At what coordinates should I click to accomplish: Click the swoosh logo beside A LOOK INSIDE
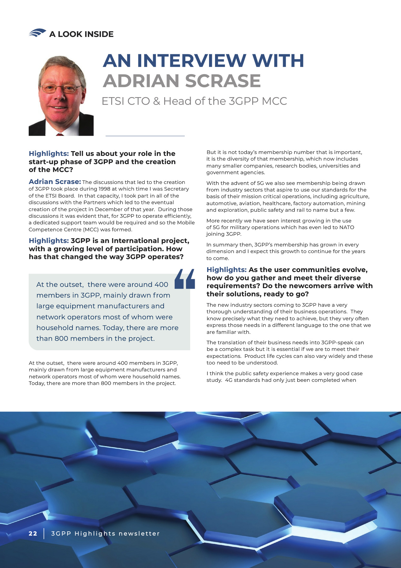coord(37,33)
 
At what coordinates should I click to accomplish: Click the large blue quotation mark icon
coord(185,279)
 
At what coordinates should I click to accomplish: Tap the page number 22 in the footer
coord(33,534)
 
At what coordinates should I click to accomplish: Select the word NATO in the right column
coord(346,227)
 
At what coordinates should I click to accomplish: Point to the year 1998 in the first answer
coord(104,189)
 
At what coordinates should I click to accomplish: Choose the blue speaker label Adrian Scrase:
coord(55,182)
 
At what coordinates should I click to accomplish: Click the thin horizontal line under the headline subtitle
coord(145,136)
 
